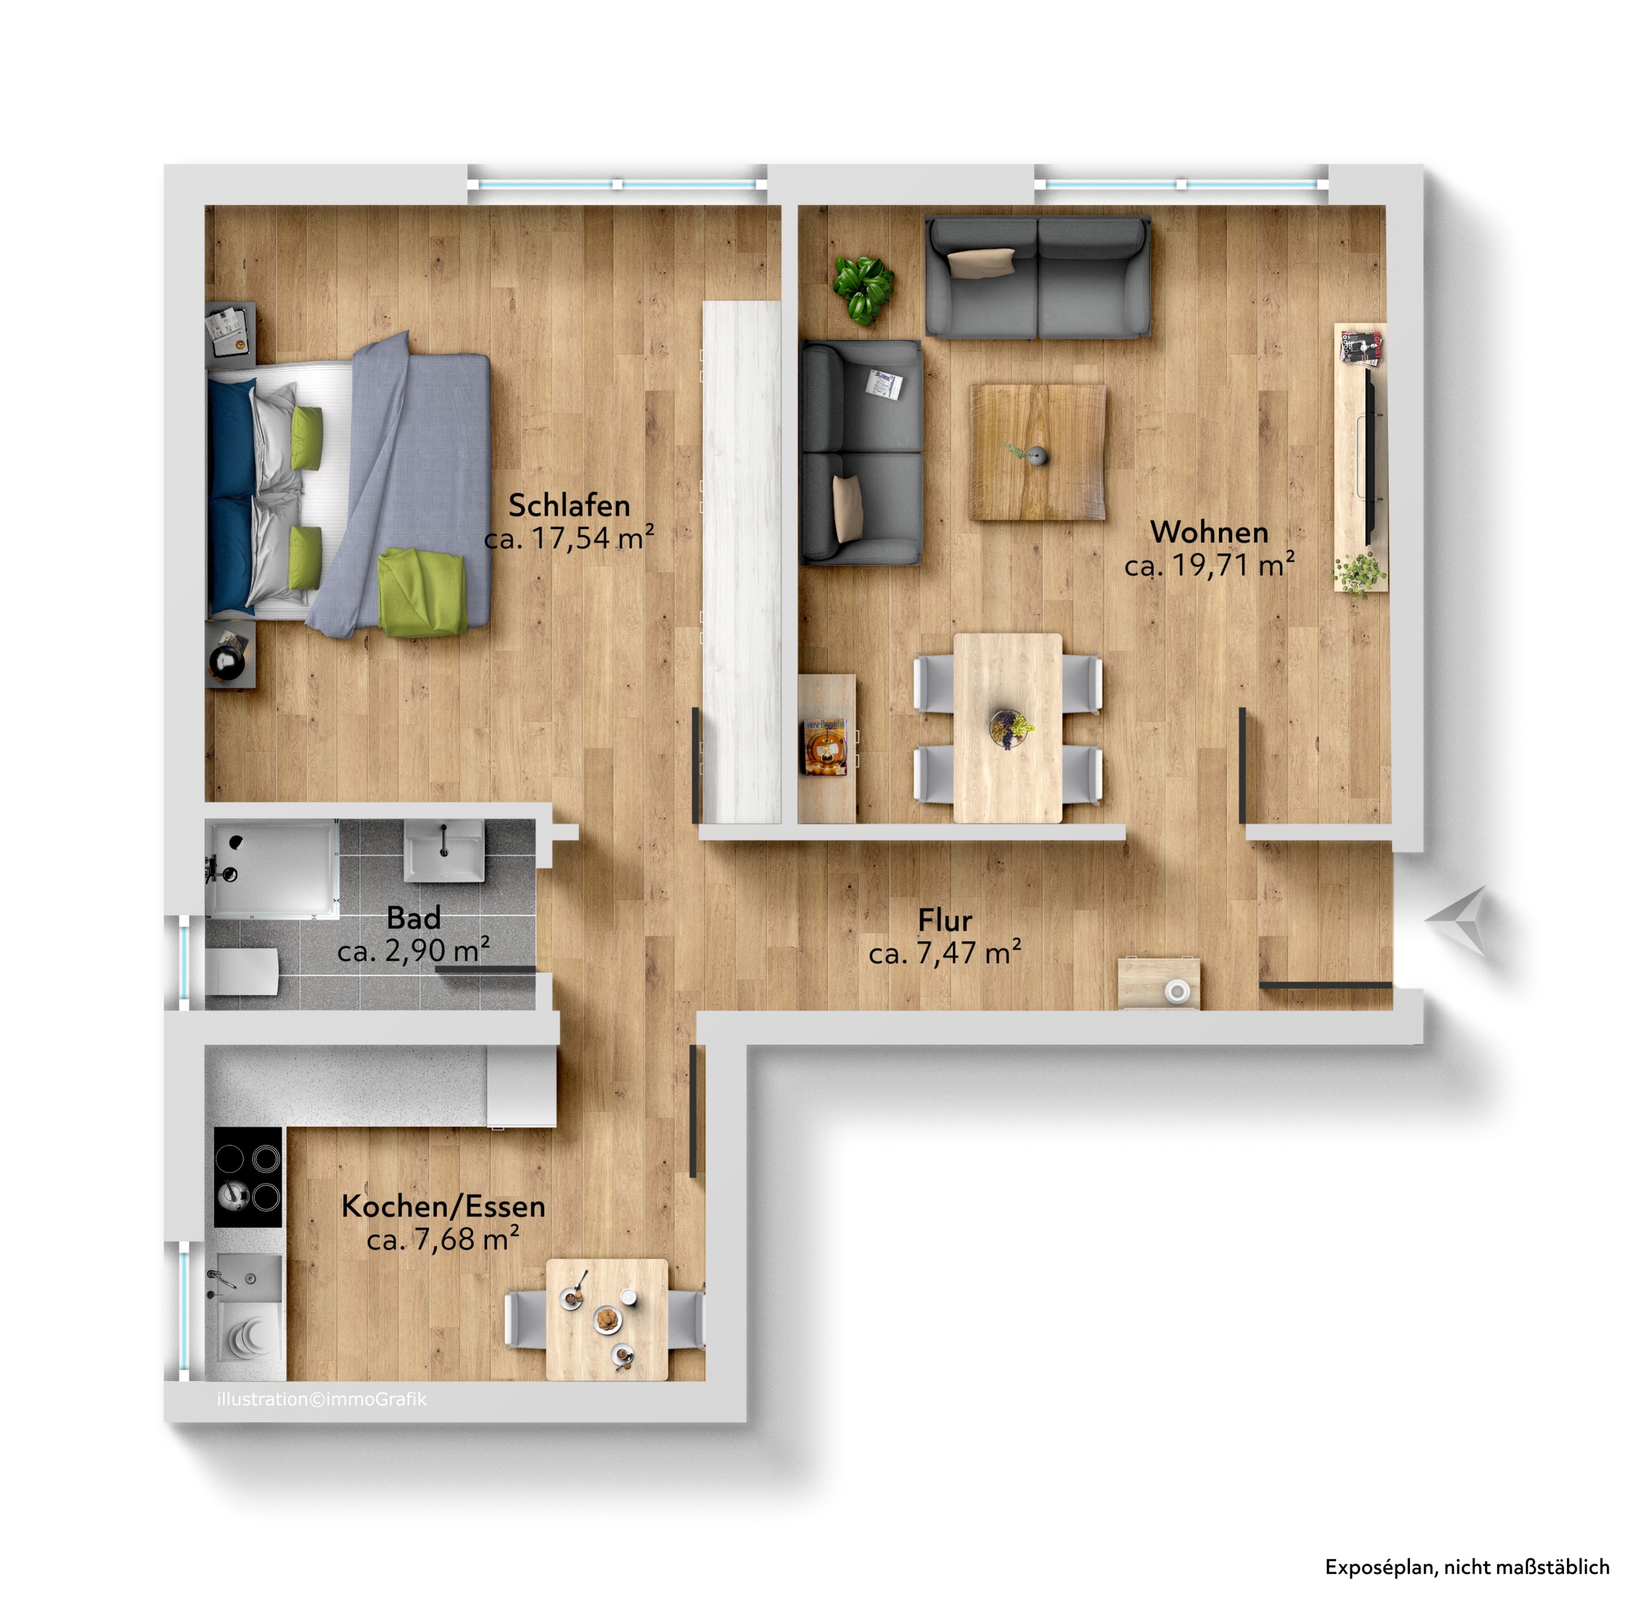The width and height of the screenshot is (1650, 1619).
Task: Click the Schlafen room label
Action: click(569, 505)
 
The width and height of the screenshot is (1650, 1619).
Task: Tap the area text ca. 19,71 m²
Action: click(1209, 564)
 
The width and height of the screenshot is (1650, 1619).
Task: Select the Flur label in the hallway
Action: click(945, 920)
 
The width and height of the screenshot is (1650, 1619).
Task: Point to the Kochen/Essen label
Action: click(443, 1206)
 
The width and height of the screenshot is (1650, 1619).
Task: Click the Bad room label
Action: click(413, 918)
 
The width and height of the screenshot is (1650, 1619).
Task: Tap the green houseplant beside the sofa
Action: click(863, 288)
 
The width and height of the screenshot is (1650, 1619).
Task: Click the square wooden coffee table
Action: click(1038, 452)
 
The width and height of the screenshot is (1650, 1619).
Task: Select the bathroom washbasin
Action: click(444, 851)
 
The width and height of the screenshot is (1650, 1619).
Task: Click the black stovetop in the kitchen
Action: click(247, 1177)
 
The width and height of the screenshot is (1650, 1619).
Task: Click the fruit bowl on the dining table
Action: click(1011, 729)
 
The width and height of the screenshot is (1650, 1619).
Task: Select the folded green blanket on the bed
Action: click(423, 592)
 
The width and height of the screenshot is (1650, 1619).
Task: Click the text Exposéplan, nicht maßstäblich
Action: click(1466, 1566)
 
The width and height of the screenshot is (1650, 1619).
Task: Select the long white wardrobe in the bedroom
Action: click(742, 562)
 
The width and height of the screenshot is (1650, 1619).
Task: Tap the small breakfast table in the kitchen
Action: click(607, 1320)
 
